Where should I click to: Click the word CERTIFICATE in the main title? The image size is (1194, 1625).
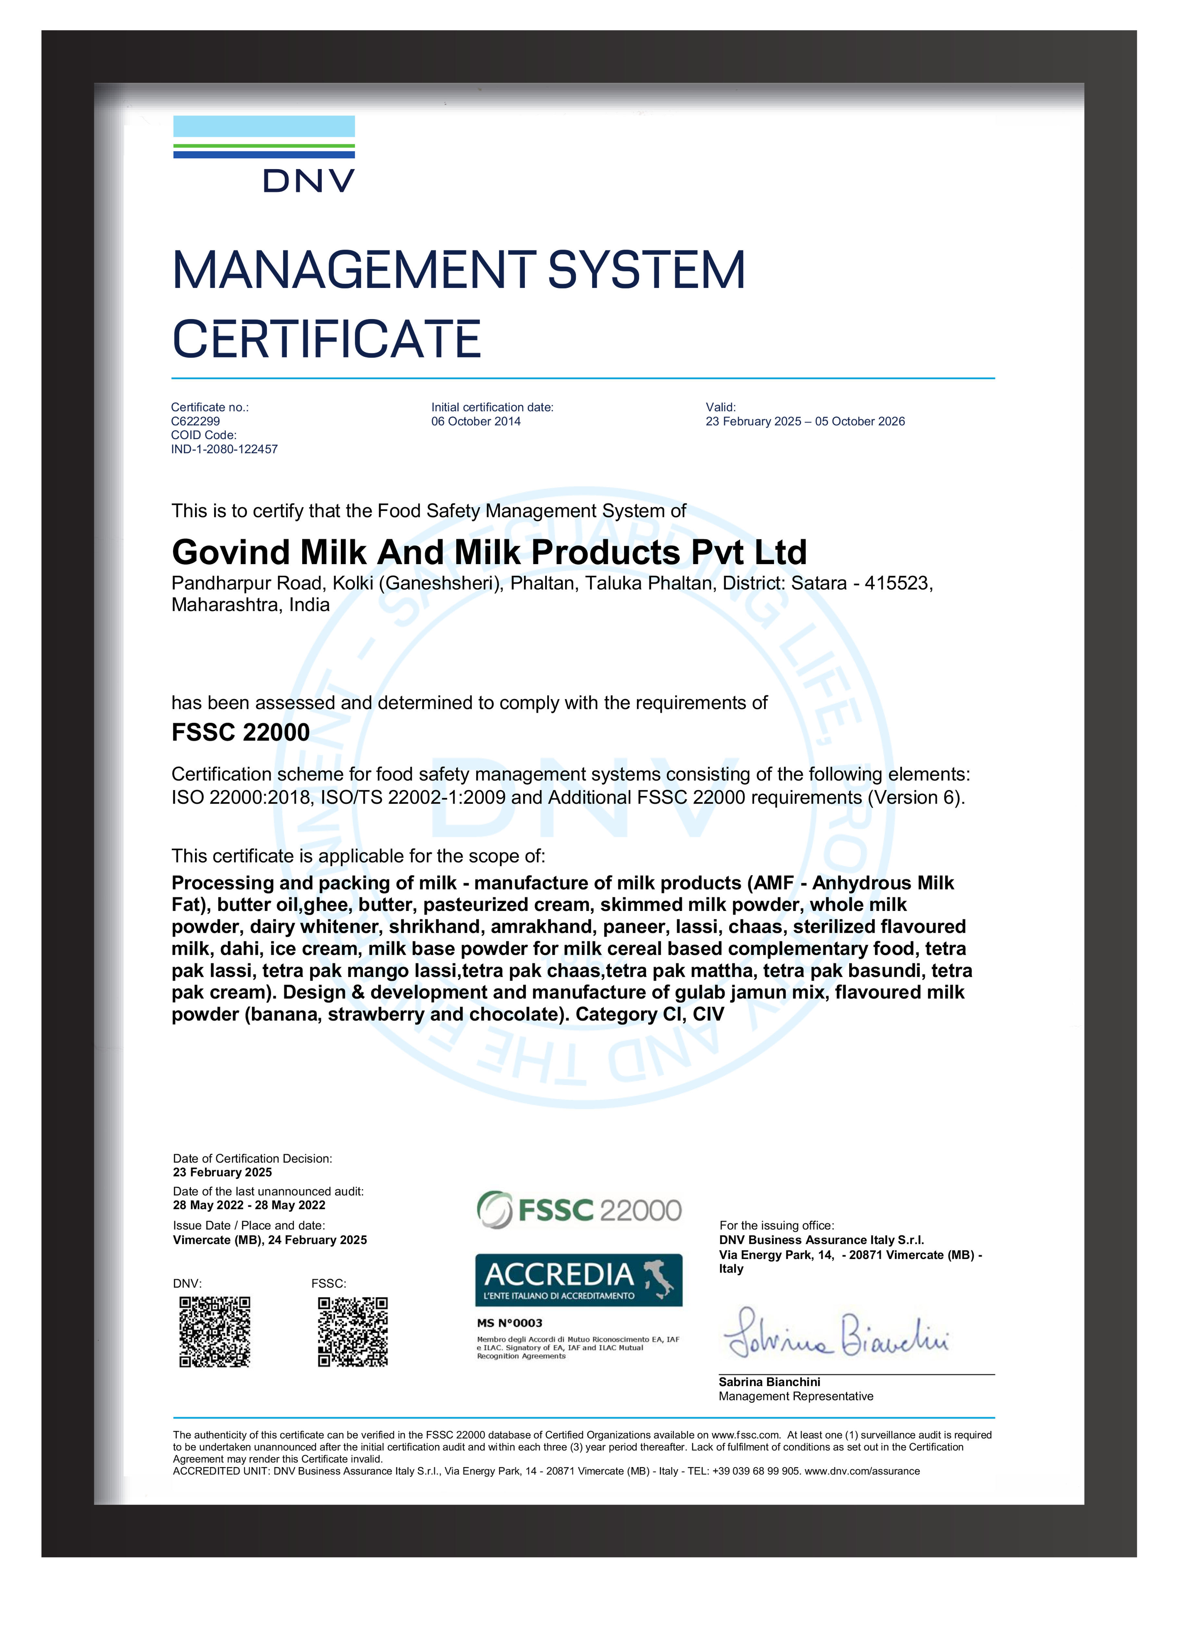click(x=327, y=340)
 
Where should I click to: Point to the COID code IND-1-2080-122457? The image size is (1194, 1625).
click(x=224, y=449)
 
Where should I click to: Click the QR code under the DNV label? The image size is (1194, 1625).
click(x=215, y=1332)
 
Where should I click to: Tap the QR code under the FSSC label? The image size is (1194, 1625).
click(x=353, y=1332)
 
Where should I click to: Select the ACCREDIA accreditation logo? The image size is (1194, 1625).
click(x=578, y=1279)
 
